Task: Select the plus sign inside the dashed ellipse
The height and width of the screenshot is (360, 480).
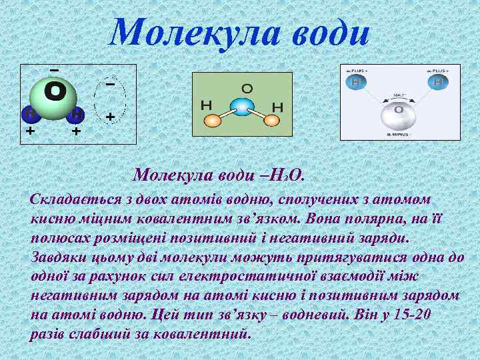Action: point(110,117)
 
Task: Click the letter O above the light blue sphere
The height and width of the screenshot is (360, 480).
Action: point(247,87)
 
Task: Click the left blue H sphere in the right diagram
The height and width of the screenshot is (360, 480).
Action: point(357,82)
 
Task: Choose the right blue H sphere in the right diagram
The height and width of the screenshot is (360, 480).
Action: point(439,82)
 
